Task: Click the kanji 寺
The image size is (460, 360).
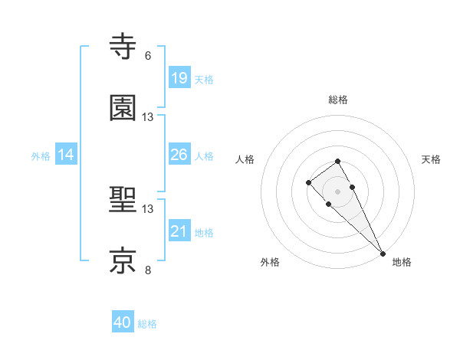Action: coord(124,47)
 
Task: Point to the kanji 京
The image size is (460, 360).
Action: coord(124,260)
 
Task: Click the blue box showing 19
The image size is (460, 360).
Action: coord(179,77)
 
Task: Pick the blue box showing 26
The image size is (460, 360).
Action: coord(179,155)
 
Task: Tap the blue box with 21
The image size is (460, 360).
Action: coord(179,231)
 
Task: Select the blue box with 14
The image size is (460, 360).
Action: coord(66,155)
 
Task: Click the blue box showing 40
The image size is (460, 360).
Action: coord(123,322)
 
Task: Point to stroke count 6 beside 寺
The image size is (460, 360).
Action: coord(148,56)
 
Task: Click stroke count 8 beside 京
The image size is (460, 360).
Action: coord(148,270)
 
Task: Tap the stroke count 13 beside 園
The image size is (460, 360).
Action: coord(148,116)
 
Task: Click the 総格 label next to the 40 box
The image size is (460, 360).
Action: coord(147,324)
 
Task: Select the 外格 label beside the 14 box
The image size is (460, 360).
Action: coord(41,156)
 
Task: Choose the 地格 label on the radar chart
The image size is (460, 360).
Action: coord(402,262)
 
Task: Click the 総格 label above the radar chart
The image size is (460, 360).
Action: coord(338,100)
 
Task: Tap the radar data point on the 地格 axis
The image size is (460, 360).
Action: coord(383,254)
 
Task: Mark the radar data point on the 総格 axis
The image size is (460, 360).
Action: coord(337,161)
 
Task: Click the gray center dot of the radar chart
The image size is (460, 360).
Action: coord(337,191)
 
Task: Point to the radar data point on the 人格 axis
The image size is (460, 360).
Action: coord(308,182)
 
